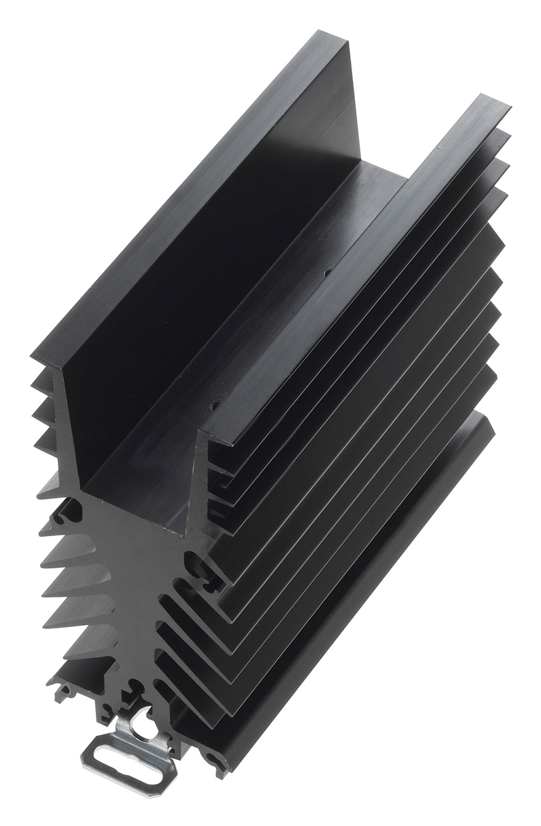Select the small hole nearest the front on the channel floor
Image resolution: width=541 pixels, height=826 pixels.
tap(215, 405)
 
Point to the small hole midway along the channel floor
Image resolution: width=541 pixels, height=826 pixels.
tap(327, 273)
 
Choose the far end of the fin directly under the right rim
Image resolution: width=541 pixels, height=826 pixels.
tap(507, 134)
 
